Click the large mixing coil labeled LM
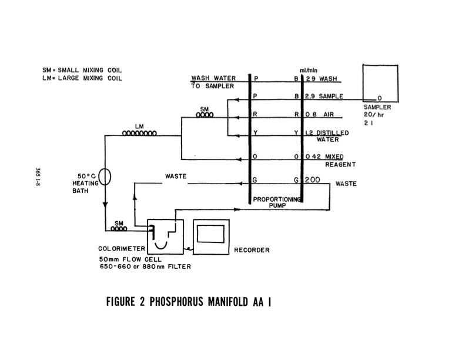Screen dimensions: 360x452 tap(139, 134)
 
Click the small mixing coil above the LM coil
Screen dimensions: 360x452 tap(204, 115)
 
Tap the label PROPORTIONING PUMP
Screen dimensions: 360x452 tap(277, 204)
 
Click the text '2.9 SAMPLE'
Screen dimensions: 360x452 tap(329, 96)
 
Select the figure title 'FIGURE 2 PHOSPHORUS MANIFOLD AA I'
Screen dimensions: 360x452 tap(189, 303)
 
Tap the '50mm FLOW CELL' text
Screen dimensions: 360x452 tap(127, 259)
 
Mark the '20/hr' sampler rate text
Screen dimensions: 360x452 tap(373, 115)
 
